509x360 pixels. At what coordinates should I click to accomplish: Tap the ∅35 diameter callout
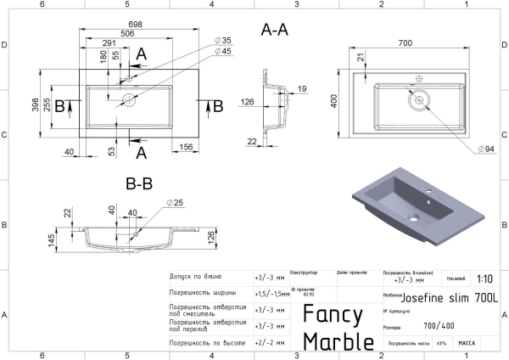223,40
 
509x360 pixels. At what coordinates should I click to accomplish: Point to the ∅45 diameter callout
223,52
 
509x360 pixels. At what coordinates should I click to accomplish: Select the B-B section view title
140,183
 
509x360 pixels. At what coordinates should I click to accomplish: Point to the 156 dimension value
186,145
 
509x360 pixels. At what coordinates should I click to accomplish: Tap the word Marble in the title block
338,340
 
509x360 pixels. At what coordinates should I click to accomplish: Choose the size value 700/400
439,325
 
